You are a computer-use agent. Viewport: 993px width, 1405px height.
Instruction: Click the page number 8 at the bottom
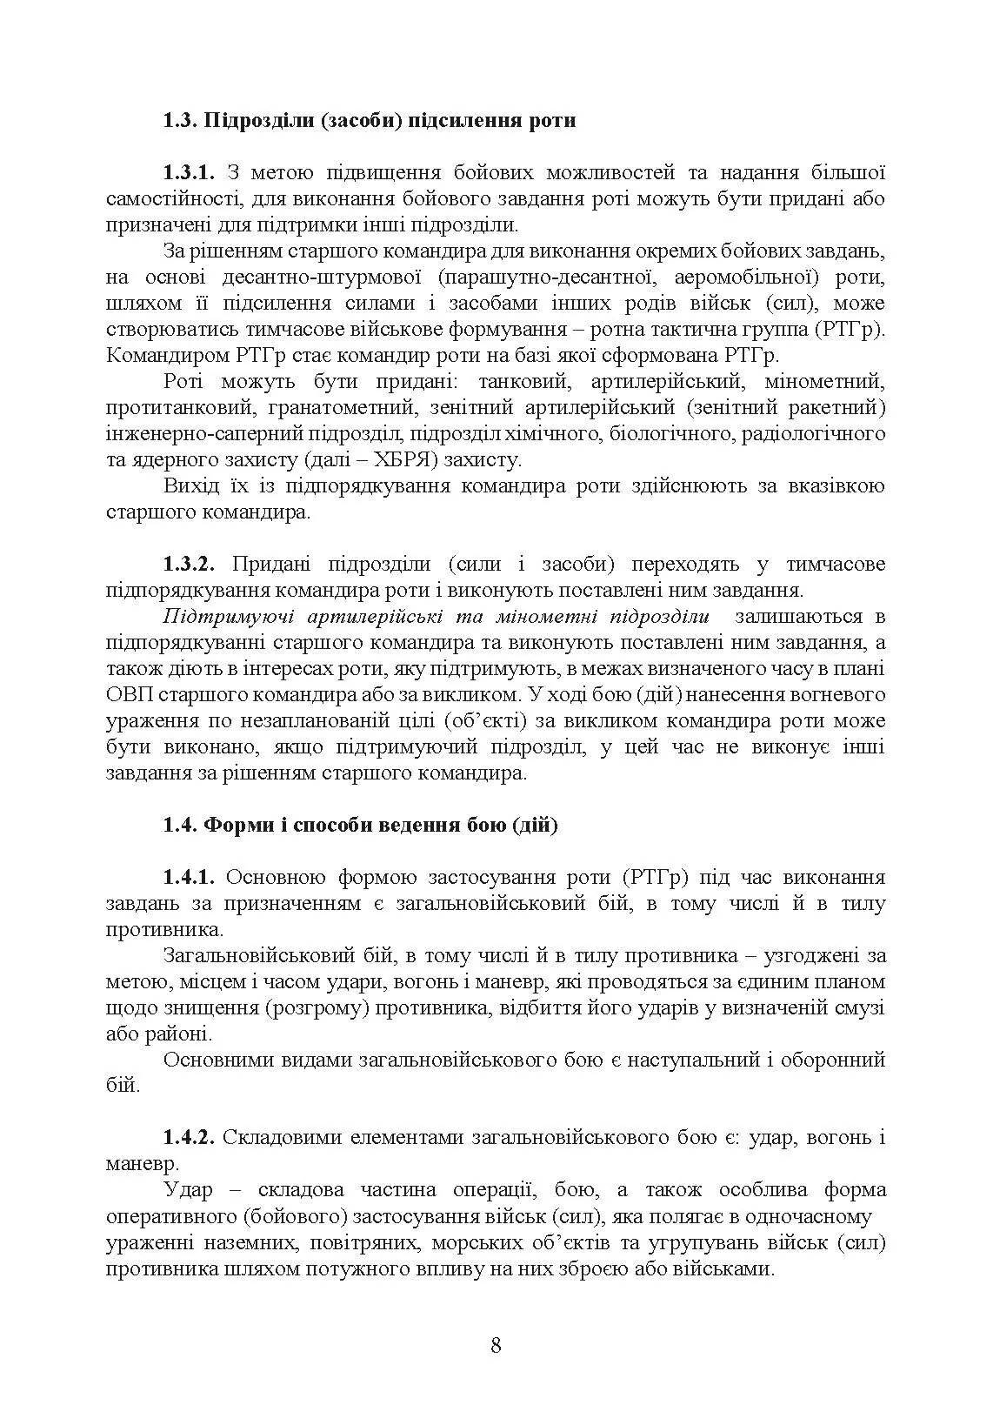click(x=496, y=1346)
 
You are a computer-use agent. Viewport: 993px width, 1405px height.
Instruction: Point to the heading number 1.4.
click(x=180, y=825)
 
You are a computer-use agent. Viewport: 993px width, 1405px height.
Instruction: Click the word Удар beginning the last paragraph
click(x=187, y=1190)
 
